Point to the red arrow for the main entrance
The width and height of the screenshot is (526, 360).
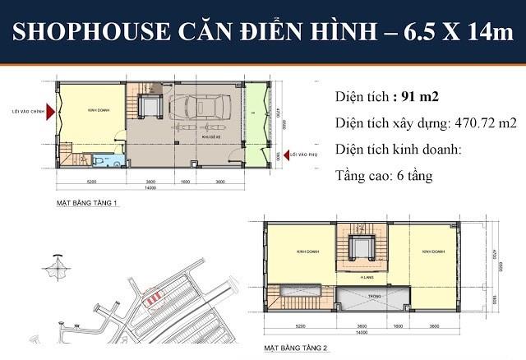[x=50, y=113]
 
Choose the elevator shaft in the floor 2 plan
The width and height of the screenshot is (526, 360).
[x=359, y=247]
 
